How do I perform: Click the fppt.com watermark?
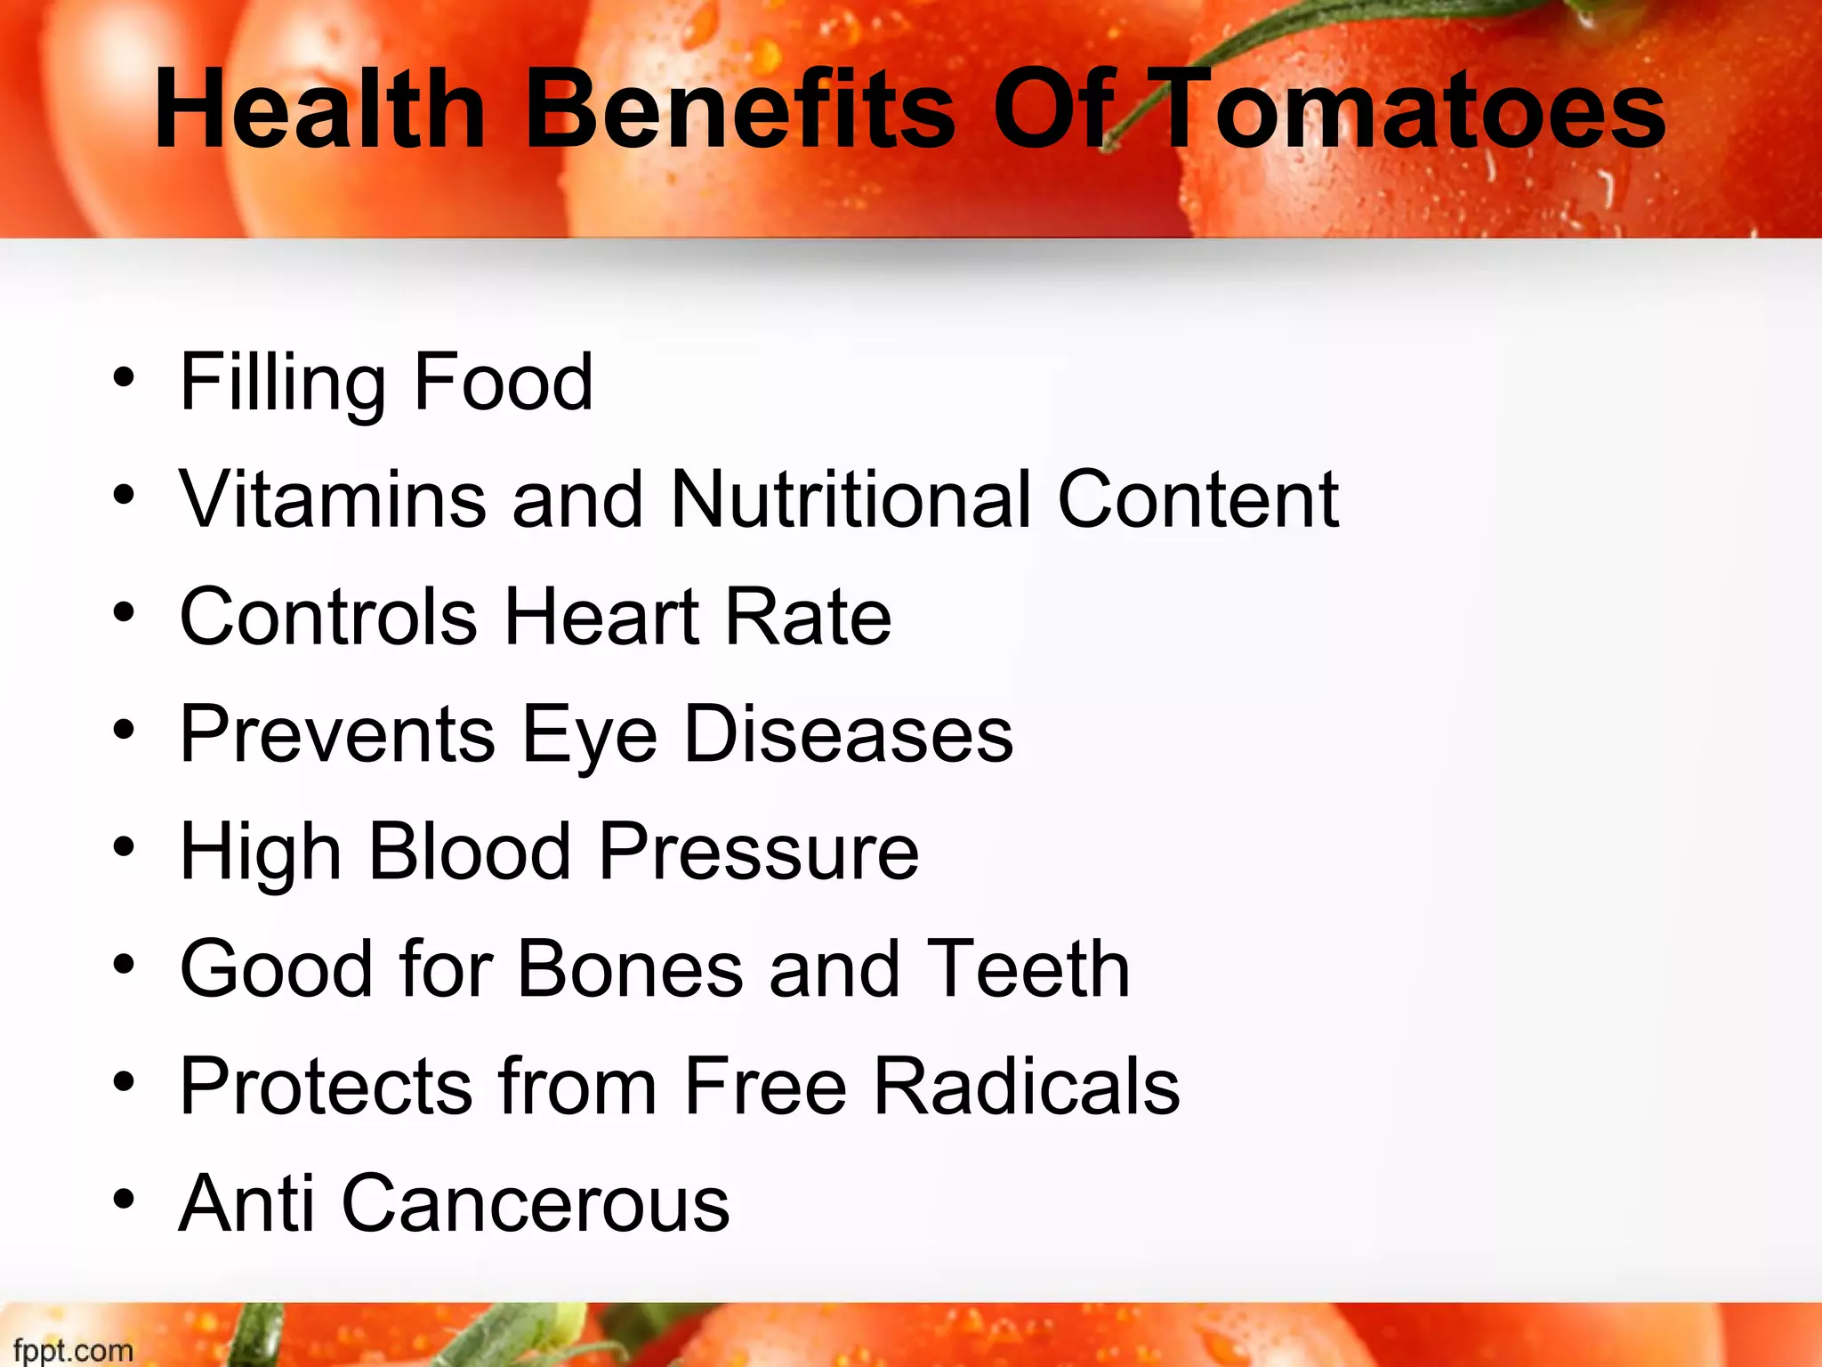pyautogui.click(x=73, y=1350)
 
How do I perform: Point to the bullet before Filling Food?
pyautogui.click(x=124, y=377)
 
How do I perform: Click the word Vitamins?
pyautogui.click(x=333, y=498)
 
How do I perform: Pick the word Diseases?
pyautogui.click(x=848, y=733)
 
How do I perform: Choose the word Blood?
pyautogui.click(x=469, y=851)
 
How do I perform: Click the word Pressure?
pyautogui.click(x=759, y=851)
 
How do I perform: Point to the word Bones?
pyautogui.click(x=630, y=968)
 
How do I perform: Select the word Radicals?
pyautogui.click(x=1027, y=1086)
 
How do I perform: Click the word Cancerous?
pyautogui.click(x=536, y=1203)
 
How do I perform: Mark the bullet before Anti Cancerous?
pyautogui.click(x=124, y=1200)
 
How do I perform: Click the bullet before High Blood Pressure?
pyautogui.click(x=124, y=847)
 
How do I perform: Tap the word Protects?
pyautogui.click(x=326, y=1086)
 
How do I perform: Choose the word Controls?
pyautogui.click(x=328, y=616)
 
